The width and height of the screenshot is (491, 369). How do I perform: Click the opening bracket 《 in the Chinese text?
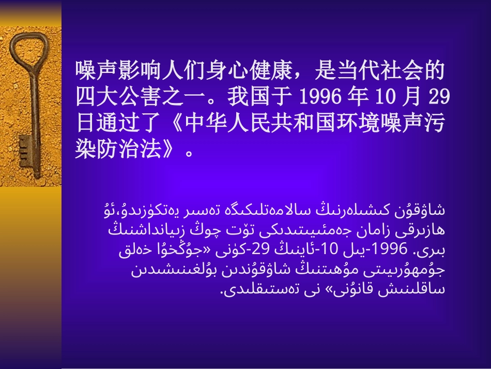coord(177,125)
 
